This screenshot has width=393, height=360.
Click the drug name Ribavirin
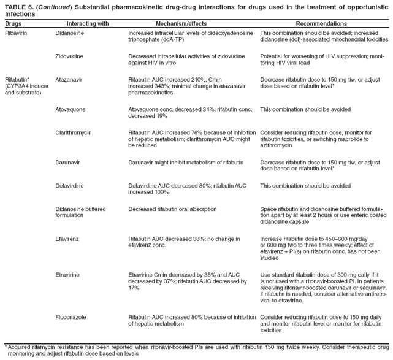[x=15, y=31]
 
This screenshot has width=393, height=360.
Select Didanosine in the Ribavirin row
[x=70, y=31]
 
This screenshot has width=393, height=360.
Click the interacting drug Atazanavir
[x=70, y=79]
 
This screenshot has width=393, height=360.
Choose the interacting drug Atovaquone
[x=71, y=109]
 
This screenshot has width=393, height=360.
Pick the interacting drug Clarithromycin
[x=74, y=132]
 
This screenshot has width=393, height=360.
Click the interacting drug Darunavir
[x=69, y=162]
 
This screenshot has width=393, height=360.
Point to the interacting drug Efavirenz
[x=68, y=239]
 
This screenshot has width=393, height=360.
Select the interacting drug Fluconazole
[x=71, y=317]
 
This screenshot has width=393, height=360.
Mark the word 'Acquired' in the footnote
[x=20, y=347]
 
